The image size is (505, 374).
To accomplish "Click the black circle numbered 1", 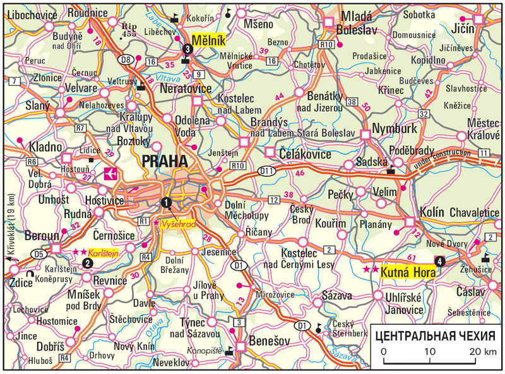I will point(166,202).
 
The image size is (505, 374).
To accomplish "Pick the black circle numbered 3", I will point(186,49).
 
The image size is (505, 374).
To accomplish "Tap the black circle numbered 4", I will point(438,260).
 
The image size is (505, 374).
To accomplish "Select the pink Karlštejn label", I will point(105,252).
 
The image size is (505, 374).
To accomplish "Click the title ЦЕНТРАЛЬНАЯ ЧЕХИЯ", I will point(437,335).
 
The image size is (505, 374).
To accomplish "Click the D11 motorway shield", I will point(266,170).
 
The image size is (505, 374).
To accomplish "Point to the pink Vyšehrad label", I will point(179,225).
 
